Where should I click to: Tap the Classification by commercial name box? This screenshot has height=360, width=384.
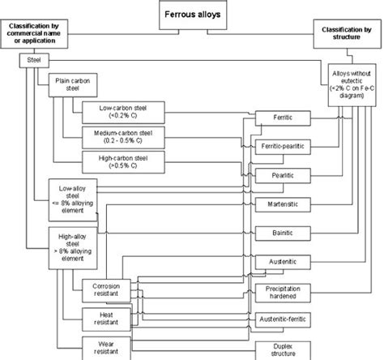pyautogui.click(x=36, y=36)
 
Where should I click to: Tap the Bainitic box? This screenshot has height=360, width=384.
pyautogui.click(x=283, y=233)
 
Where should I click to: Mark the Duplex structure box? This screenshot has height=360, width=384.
pyautogui.click(x=283, y=349)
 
